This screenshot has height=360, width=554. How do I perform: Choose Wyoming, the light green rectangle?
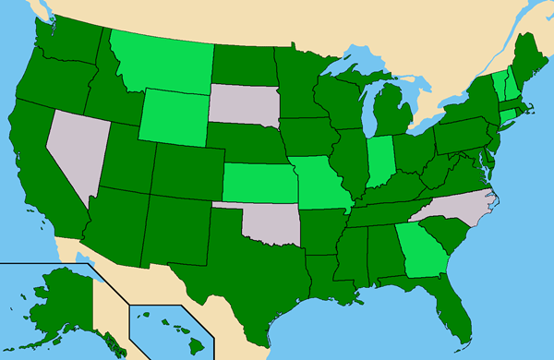coord(174,115)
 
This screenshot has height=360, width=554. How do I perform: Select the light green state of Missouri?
coord(320,185)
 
